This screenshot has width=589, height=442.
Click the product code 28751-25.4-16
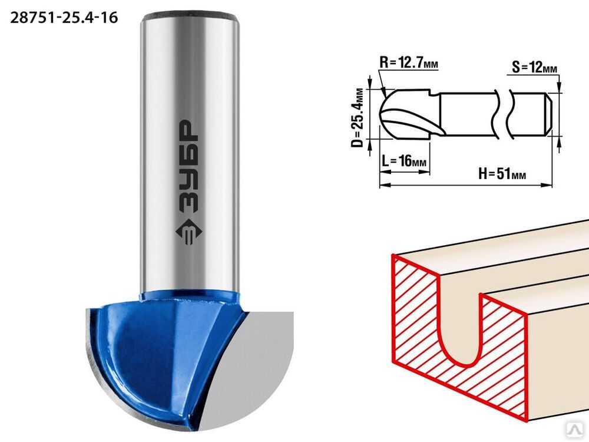point(64,18)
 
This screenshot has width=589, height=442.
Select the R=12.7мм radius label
point(408,62)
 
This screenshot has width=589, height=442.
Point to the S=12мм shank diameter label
point(534,68)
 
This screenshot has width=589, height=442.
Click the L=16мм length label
point(404,161)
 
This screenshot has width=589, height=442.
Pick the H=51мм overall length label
point(502,174)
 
